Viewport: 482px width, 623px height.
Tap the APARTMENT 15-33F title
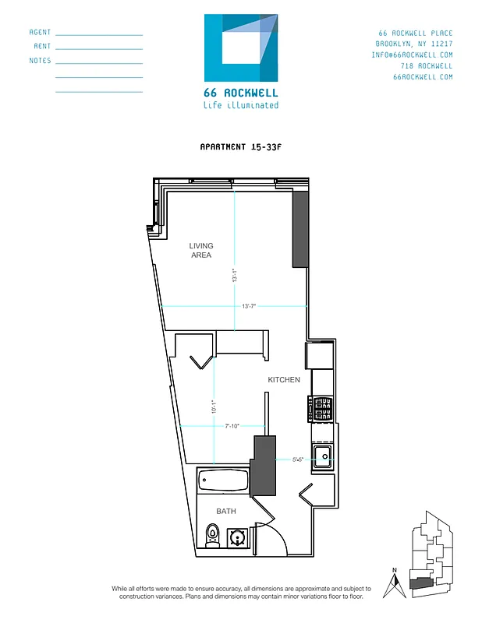(x=240, y=146)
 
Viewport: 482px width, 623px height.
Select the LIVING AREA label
(x=200, y=250)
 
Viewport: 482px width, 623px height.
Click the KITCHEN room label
(x=284, y=379)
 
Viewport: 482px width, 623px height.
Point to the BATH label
(x=225, y=511)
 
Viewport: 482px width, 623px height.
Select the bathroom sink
(x=237, y=537)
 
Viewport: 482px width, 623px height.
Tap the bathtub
(x=223, y=480)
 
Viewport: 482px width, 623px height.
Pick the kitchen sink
(x=323, y=456)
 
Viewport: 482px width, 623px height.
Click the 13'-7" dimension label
(x=250, y=307)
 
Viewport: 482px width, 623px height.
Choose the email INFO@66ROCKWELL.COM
(x=412, y=55)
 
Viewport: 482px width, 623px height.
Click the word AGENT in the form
(x=40, y=33)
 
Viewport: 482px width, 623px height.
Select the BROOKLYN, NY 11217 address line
(x=413, y=44)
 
